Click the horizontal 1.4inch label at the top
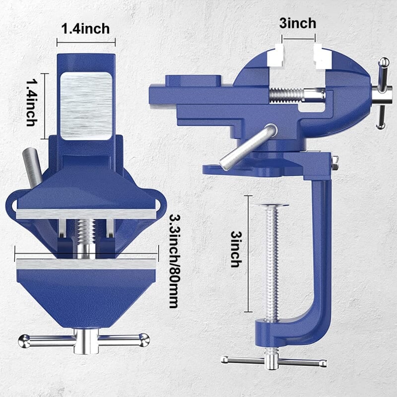point(85,29)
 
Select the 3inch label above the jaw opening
point(298,23)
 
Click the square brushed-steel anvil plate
point(86,106)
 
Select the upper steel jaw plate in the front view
point(86,213)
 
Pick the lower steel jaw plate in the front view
point(86,264)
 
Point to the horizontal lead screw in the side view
point(293,94)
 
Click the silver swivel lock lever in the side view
point(248,147)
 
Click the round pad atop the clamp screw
point(270,204)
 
